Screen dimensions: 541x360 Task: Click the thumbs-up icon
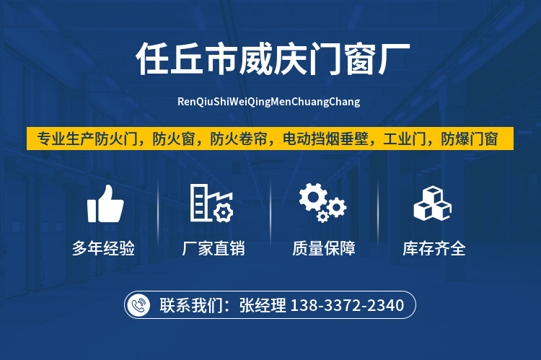tap(105, 203)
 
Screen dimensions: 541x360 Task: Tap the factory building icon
tap(211, 203)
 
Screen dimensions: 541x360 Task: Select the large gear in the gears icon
tap(313, 197)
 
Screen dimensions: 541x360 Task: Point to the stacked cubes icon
tap(432, 203)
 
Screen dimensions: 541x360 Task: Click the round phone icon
tap(138, 305)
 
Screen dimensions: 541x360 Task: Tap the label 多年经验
tap(103, 248)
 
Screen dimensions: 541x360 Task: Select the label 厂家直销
tap(214, 248)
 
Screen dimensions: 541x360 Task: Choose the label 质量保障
tap(324, 248)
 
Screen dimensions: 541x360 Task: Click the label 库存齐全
tap(434, 248)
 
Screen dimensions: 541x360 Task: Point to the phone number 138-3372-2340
tap(347, 305)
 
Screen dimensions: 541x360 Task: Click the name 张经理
tap(263, 305)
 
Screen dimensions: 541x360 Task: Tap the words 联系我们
tap(191, 305)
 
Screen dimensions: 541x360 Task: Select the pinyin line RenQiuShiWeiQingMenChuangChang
tap(269, 102)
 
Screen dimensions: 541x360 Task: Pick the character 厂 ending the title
tap(394, 59)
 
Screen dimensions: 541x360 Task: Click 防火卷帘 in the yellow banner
tap(239, 139)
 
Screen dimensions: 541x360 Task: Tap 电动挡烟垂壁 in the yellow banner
tap(325, 139)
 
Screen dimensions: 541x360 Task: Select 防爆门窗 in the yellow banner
tap(470, 139)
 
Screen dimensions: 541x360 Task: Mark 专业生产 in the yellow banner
tap(66, 139)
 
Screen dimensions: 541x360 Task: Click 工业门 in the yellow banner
tap(405, 139)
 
